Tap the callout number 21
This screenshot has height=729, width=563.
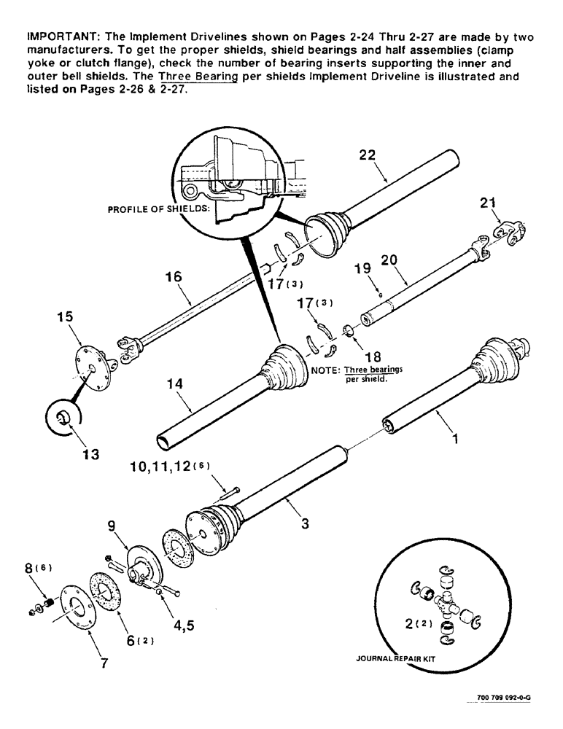488,207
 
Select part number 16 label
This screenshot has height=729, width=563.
173,277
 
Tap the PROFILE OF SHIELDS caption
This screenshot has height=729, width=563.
159,208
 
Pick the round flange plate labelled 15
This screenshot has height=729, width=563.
92,369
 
